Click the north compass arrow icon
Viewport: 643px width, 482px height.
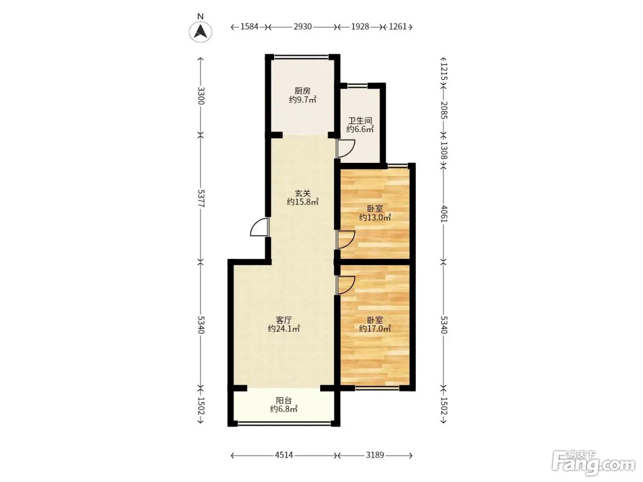tap(200, 32)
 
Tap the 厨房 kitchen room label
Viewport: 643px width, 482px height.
tap(302, 91)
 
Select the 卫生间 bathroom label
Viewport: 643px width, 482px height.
tap(360, 121)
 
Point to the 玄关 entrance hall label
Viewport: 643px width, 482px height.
tap(302, 193)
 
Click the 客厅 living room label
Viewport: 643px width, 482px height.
tap(284, 320)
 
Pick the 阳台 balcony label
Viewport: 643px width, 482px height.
tap(284, 400)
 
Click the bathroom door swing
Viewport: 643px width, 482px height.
tap(346, 149)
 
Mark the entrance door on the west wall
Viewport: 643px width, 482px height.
tap(259, 227)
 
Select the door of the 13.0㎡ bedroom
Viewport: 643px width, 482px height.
tap(346, 240)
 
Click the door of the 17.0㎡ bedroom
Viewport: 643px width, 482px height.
tap(346, 285)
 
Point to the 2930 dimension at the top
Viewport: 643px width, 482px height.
tap(303, 27)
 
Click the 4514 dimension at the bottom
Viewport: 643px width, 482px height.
tap(284, 455)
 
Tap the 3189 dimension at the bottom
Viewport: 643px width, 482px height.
tap(375, 455)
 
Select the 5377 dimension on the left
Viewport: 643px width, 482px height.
tap(201, 198)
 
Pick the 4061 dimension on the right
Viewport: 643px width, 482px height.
tap(444, 213)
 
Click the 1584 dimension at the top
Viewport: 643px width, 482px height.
tap(249, 27)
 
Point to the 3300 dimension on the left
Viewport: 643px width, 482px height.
tap(201, 95)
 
